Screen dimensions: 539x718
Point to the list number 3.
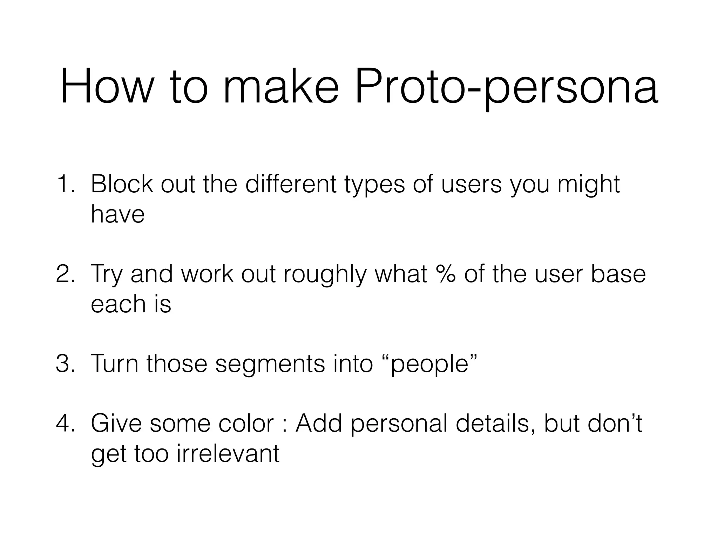(65, 364)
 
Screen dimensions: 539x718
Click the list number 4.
(65, 423)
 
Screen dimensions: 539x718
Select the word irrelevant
(228, 453)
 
